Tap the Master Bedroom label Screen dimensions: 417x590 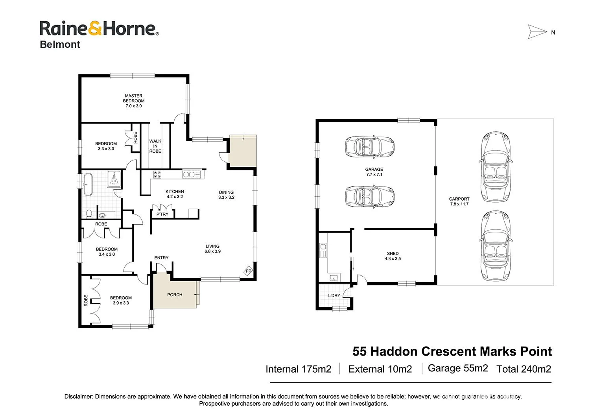coord(134,101)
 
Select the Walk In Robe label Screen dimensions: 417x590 coord(155,146)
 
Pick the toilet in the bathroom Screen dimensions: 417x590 coord(89,214)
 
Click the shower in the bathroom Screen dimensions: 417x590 coord(114,179)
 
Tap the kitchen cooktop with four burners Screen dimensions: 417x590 coord(157,174)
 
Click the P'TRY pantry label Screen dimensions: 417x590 coord(162,214)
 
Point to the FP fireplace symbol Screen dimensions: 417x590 coord(248,271)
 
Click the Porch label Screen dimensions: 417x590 coord(175,295)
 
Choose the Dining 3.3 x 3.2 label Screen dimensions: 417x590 coord(226,195)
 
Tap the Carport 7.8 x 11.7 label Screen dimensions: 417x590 coord(459,201)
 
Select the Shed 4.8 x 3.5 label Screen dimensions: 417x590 coord(393,256)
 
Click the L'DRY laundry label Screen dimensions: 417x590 coord(334,295)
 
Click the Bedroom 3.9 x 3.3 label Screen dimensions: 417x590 coord(121,301)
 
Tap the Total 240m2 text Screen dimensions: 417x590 coord(524,369)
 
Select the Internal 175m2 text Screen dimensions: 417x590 coord(298,369)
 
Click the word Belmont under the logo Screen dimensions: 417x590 coord(60,44)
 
